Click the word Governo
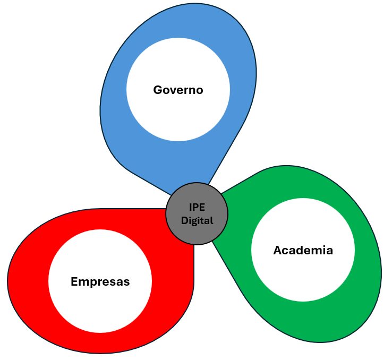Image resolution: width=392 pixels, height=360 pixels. [x=178, y=90]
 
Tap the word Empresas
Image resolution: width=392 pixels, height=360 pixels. [x=100, y=281]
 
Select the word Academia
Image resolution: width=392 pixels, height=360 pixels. [x=303, y=250]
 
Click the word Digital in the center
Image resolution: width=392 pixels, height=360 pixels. [x=197, y=220]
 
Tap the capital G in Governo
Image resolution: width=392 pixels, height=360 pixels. [x=158, y=90]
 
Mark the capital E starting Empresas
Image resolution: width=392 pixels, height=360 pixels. [x=74, y=281]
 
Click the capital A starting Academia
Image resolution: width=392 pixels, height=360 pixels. [x=277, y=250]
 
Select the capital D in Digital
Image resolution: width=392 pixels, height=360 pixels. [x=184, y=220]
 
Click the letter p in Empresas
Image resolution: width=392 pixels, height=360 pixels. [x=91, y=283]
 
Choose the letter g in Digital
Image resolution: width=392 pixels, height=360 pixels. [x=195, y=221]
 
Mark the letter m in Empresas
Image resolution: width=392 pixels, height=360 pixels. [x=83, y=282]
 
